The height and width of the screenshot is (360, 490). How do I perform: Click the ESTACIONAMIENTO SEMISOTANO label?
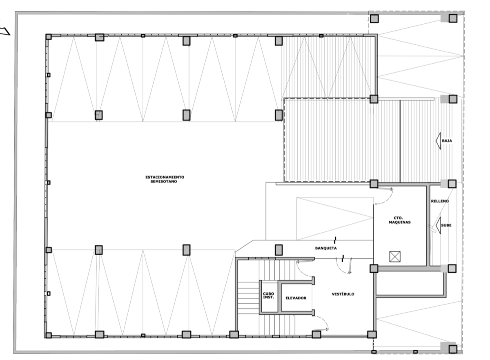tap(165, 179)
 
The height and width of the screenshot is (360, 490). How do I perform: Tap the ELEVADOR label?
tap(296, 298)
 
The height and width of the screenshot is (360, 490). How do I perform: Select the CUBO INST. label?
tap(268, 296)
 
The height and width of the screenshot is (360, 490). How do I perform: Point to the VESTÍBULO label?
tap(343, 294)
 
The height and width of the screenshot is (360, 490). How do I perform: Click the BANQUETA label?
tap(326, 248)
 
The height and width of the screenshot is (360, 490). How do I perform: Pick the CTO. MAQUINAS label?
tap(399, 220)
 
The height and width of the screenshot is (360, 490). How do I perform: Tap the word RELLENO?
tap(440, 201)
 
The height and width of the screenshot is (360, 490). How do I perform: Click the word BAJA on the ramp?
tap(447, 141)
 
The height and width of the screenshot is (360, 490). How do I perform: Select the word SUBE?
tap(446, 225)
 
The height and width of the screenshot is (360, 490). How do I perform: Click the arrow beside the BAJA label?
tap(438, 141)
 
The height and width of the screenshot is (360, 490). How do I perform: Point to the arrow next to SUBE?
tap(438, 225)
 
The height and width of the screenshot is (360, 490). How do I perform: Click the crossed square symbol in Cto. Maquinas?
tap(395, 257)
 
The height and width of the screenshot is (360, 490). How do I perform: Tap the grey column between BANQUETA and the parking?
tap(278, 250)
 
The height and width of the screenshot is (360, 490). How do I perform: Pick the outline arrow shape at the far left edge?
tap(5, 31)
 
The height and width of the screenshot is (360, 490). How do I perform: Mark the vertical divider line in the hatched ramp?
tap(400, 141)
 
